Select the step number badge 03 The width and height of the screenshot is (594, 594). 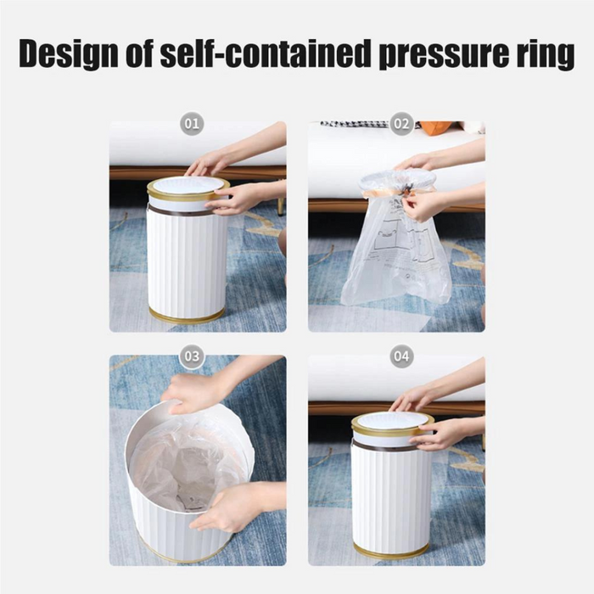tap(193, 356)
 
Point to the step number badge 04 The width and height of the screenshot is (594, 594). tap(401, 356)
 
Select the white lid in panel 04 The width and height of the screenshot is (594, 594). tap(392, 421)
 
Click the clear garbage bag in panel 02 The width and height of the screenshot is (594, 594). tap(395, 255)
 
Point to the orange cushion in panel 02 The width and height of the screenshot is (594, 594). tap(437, 127)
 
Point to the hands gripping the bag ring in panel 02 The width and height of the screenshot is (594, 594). tap(420, 202)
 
